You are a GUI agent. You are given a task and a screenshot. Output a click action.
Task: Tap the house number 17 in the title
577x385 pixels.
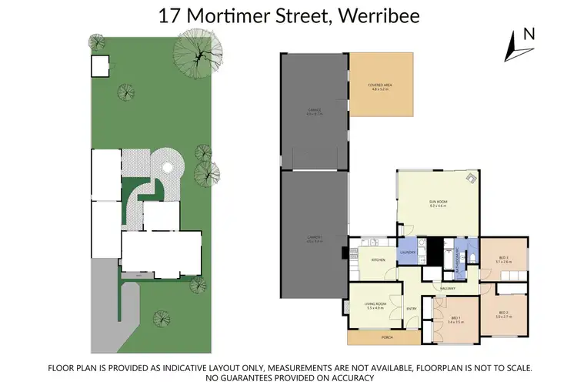(168, 15)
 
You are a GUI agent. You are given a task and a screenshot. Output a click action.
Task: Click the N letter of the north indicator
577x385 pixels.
(528, 34)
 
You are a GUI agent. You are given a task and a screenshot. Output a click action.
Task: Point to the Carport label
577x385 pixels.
(313, 239)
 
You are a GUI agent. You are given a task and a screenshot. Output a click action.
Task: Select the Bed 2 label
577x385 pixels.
(503, 314)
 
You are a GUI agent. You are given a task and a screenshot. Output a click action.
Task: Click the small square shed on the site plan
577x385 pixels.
(100, 66)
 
